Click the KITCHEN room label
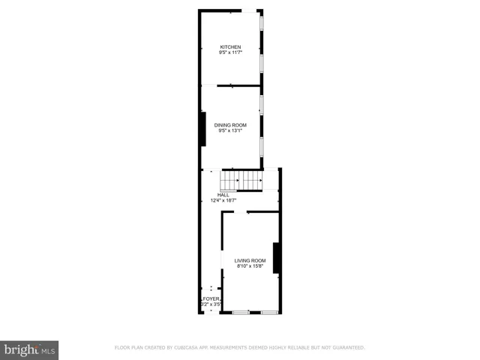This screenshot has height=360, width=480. [230, 47]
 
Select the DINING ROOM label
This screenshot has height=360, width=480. [230, 125]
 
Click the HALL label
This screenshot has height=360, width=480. [223, 195]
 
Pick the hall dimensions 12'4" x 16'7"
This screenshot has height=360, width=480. [223, 200]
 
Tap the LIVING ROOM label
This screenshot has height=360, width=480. [250, 260]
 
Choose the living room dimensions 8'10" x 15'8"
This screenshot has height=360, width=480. [250, 266]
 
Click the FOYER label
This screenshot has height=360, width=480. [210, 299]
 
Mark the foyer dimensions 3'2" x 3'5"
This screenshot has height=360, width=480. [210, 304]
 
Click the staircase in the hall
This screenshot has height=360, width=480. [241, 180]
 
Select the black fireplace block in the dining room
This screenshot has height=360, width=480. [202, 128]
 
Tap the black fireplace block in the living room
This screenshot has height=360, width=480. [277, 258]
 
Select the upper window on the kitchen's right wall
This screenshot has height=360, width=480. [261, 24]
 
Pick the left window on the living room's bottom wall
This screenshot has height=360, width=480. [241, 311]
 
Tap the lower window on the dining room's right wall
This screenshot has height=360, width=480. [261, 146]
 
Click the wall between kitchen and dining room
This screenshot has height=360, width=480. [238, 86]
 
